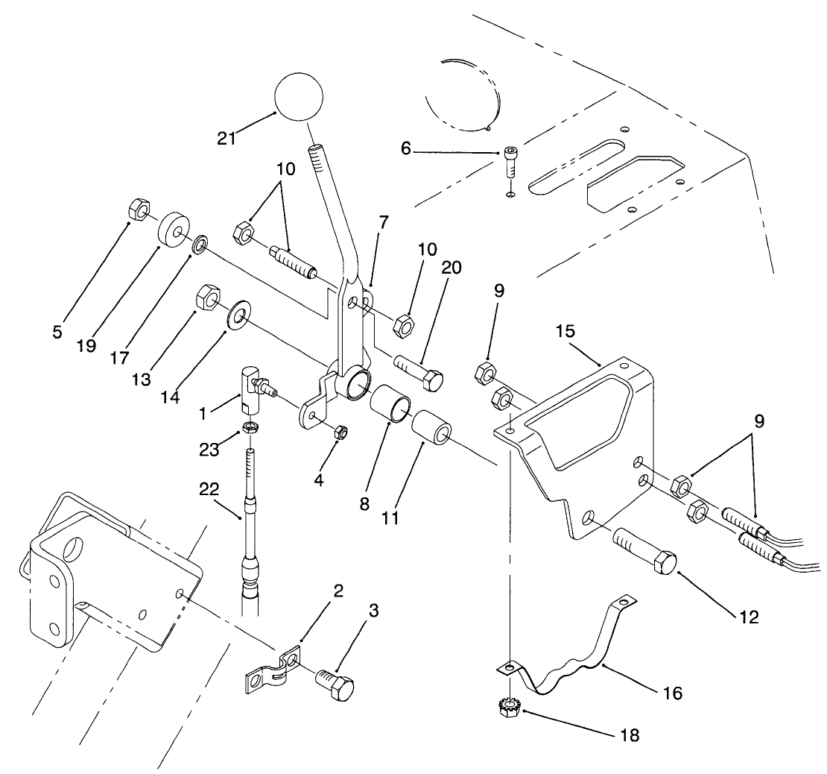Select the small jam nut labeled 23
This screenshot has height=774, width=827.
tap(252, 429)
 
